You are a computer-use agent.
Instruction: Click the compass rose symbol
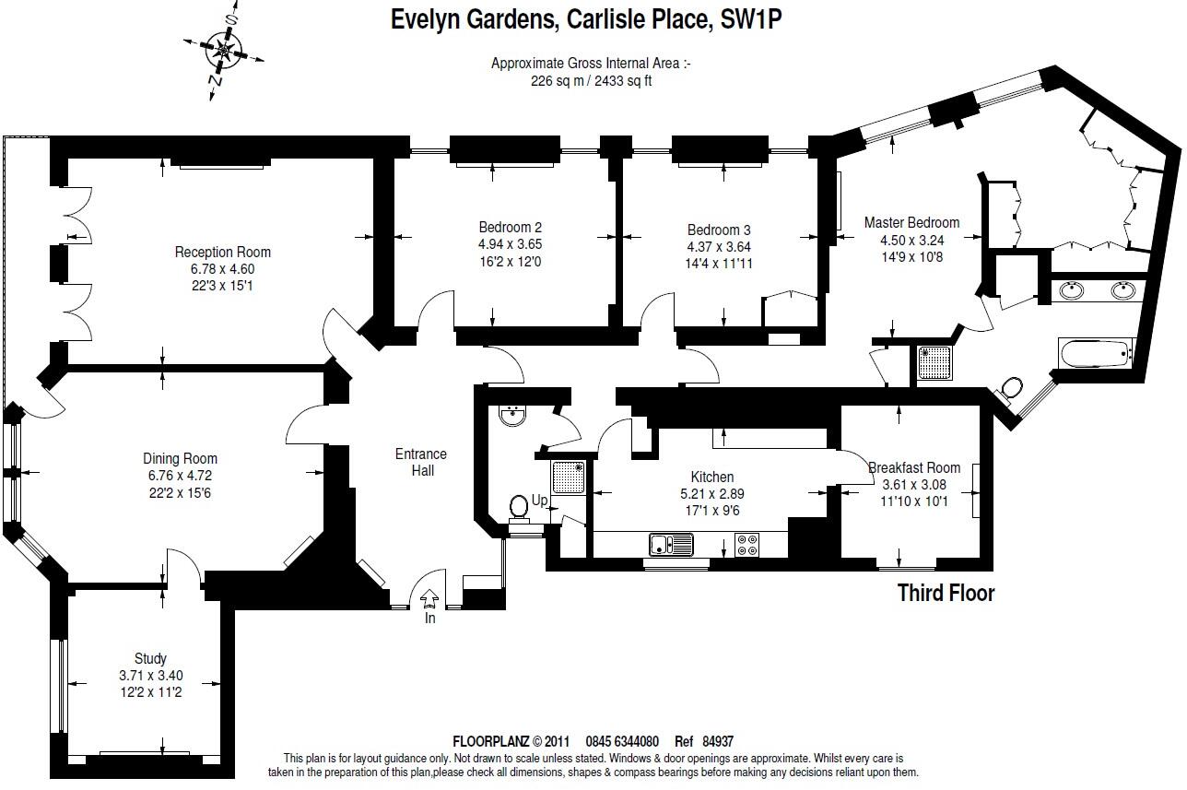(224, 51)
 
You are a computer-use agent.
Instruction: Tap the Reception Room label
(223, 252)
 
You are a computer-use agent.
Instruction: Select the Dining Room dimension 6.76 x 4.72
(181, 476)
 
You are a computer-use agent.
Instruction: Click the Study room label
(150, 658)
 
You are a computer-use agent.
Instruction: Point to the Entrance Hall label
(421, 463)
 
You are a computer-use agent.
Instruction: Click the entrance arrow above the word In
(429, 598)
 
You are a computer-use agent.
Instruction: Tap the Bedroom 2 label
(511, 228)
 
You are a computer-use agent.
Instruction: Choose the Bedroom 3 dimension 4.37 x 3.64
(719, 247)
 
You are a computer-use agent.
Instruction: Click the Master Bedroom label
(911, 223)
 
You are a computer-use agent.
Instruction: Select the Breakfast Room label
(914, 467)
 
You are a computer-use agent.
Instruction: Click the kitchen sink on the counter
(671, 544)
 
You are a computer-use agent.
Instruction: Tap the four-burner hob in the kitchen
(746, 545)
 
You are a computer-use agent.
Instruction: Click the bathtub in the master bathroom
(1096, 354)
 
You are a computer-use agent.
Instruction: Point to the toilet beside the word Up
(519, 509)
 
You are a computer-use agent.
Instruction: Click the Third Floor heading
(946, 594)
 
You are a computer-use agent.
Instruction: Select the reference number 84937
(718, 742)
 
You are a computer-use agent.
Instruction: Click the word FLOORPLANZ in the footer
(490, 742)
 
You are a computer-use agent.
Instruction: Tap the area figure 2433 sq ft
(623, 81)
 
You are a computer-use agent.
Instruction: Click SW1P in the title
(751, 20)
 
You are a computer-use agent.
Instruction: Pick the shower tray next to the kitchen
(568, 478)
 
